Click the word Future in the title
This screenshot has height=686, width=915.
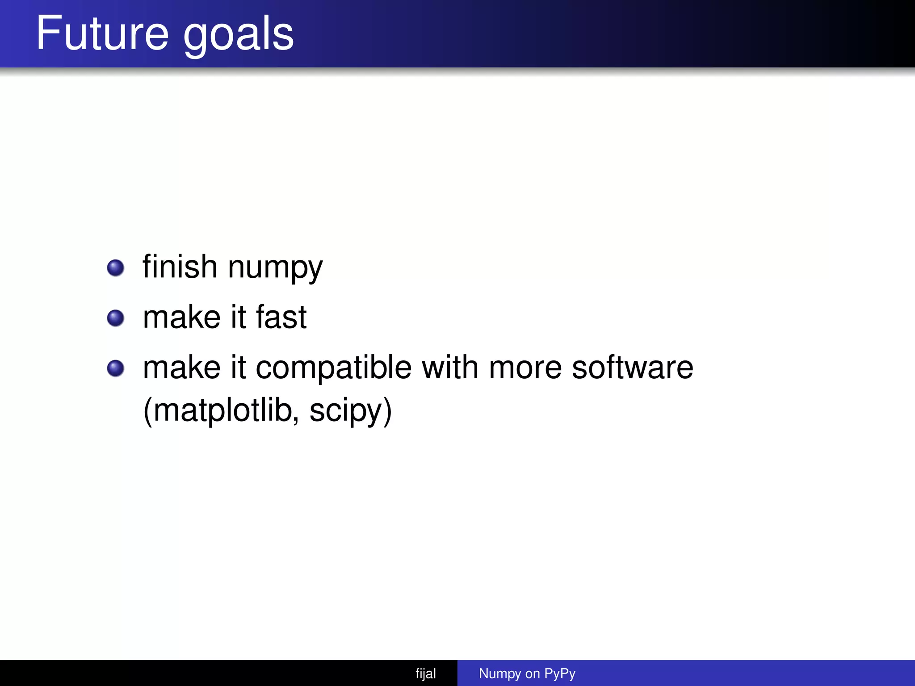102,33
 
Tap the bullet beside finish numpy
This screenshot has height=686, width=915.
116,268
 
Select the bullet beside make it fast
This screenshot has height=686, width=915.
116,318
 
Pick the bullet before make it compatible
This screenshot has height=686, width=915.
116,368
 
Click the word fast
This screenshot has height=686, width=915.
281,317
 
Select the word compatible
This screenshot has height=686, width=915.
333,368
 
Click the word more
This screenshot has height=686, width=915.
525,368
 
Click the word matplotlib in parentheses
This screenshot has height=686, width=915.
221,410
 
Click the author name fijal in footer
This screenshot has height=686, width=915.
425,673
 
